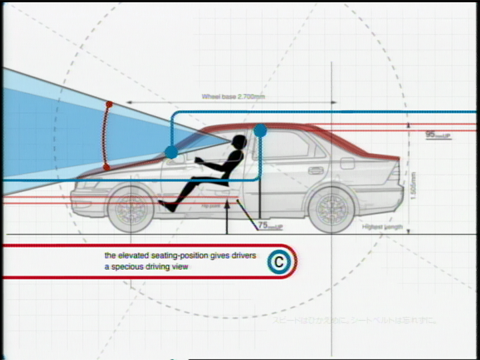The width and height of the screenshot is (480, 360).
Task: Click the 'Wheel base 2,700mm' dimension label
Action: coord(233,97)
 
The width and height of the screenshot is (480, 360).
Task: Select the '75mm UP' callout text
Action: coord(270,227)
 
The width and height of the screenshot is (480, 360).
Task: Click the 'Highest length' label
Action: coord(382,227)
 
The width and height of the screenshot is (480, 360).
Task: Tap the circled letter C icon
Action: coord(279,262)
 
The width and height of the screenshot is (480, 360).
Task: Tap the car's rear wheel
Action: coord(332,208)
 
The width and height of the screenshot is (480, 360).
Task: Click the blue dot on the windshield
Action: coord(171,152)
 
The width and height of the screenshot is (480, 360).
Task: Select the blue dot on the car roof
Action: coord(260,130)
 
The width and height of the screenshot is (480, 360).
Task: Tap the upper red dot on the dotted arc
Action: coord(109,105)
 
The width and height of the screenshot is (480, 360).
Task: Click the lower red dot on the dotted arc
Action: coord(106,167)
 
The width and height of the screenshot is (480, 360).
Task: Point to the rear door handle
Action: coord(315,170)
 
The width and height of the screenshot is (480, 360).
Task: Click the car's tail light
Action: coord(395,175)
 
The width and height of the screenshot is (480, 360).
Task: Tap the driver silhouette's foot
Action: coord(166,207)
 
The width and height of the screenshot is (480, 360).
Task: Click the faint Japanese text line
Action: coord(354,321)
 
